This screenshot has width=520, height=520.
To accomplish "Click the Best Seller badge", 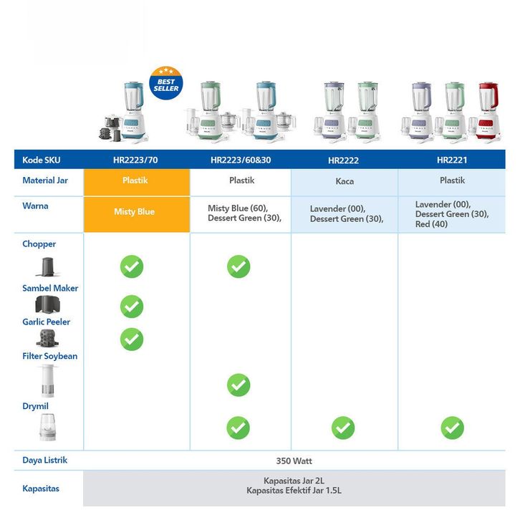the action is click(x=165, y=83).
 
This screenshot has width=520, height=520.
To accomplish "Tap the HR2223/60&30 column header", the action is click(x=241, y=160).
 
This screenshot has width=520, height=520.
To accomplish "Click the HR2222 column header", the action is click(x=343, y=160).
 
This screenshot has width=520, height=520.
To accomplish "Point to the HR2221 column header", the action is click(x=452, y=160).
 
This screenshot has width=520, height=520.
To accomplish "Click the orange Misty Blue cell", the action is click(x=135, y=212).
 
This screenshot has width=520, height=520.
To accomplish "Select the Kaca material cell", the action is click(x=345, y=181).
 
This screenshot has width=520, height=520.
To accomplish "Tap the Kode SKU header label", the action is click(x=42, y=160).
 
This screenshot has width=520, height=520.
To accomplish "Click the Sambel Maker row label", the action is click(x=50, y=288).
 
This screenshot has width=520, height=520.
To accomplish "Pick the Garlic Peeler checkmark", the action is click(x=132, y=339).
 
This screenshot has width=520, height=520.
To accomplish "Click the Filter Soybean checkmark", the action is click(x=239, y=385).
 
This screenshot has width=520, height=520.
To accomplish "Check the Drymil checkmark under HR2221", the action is click(x=453, y=428).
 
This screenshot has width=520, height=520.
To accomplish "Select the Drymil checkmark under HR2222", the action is click(x=343, y=428).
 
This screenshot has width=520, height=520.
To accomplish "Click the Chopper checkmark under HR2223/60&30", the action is click(x=239, y=266).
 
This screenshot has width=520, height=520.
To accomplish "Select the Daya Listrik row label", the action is click(x=45, y=460).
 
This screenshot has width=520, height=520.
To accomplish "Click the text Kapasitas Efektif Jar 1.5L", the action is click(x=294, y=491).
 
